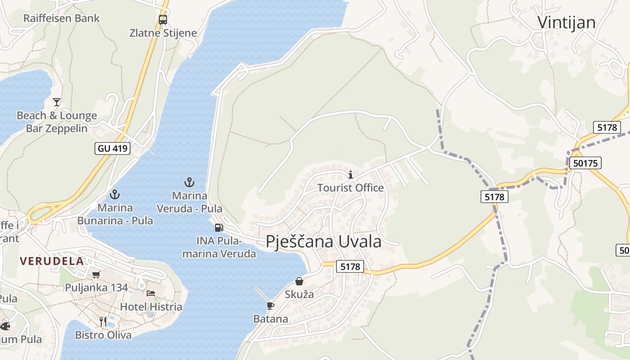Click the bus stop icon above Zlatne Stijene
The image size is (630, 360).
163,20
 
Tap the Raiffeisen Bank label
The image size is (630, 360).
61,18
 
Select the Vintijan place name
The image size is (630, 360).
567,22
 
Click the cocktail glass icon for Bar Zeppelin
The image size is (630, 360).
57,102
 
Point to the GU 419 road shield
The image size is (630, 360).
112,148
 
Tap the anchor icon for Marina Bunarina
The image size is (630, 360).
115,194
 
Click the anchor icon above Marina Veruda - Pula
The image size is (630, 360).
189,182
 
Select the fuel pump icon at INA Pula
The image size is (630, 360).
219,228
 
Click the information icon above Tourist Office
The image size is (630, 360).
351,175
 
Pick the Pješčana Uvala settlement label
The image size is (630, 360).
324,242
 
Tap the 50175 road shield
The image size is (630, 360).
585,163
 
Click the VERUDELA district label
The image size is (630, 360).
52,261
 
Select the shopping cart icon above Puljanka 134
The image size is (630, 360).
96,274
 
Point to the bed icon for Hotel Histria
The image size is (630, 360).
151,293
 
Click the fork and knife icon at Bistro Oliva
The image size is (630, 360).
103,321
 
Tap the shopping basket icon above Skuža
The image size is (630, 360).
299,281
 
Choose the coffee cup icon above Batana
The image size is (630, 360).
270,306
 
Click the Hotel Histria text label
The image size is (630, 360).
151,307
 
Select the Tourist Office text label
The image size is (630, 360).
351,188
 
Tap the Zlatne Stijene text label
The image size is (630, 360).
163,33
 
